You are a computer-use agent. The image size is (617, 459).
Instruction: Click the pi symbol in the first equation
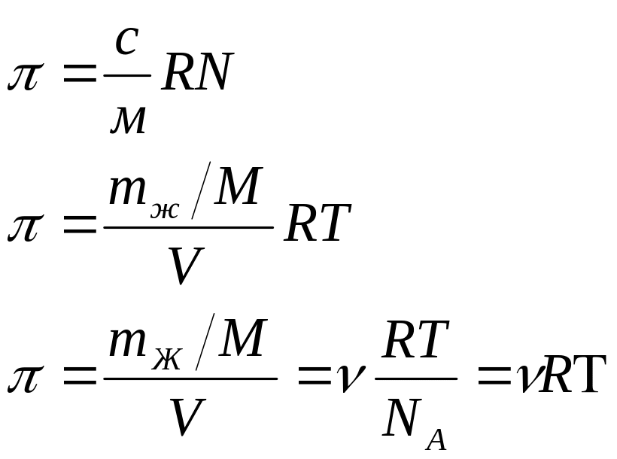pos(23,77)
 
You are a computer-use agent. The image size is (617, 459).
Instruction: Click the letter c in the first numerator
pos(126,41)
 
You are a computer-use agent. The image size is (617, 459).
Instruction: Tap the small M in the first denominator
pos(128,120)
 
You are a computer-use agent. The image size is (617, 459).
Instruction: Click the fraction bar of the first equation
pos(127,74)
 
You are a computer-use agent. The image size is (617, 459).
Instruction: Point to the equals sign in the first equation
pos(80,74)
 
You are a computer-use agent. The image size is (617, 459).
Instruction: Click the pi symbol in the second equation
pos(23,227)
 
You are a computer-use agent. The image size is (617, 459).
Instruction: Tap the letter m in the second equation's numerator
pos(127,190)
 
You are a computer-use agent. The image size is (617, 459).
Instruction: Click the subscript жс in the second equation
pos(165,210)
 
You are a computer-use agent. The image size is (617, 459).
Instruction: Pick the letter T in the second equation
pos(333,222)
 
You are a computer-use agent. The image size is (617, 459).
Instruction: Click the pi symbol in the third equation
pos(23,379)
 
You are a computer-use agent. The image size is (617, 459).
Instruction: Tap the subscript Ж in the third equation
pos(167,360)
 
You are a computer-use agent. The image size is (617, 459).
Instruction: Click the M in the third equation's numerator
pos(243,337)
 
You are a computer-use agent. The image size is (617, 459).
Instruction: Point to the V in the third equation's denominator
pos(187,417)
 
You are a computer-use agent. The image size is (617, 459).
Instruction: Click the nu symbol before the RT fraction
pos(350,378)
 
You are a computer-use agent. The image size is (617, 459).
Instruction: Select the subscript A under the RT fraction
pos(436,439)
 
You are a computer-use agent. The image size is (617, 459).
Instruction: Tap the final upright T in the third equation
pos(586,374)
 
